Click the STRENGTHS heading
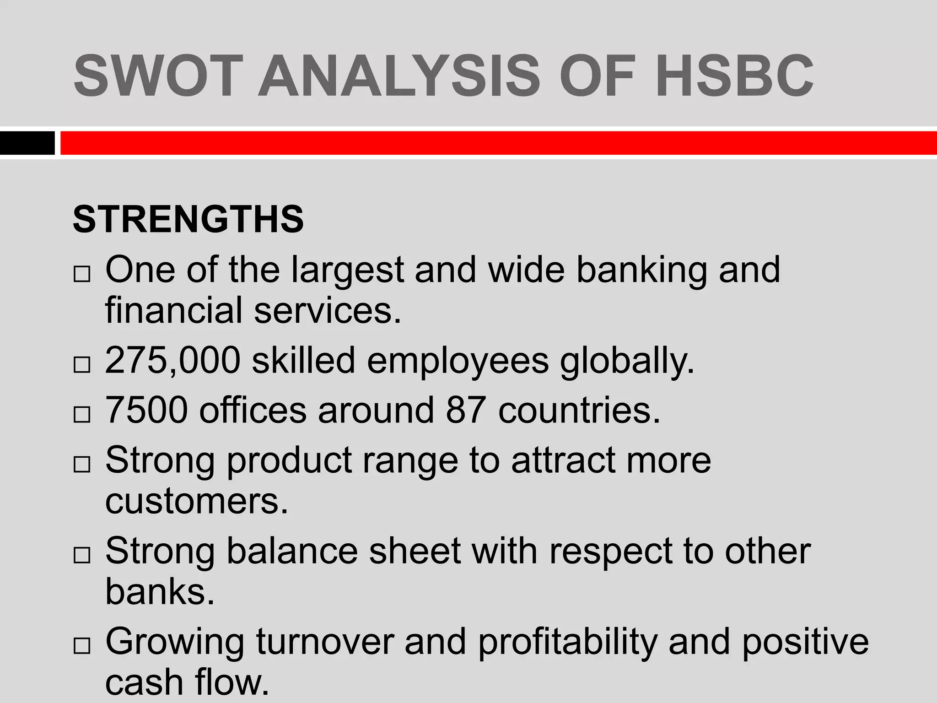click(188, 219)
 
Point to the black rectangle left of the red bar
click(27, 143)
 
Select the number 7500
click(146, 410)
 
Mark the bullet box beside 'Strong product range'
click(81, 465)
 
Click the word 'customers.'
click(197, 502)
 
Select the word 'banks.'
click(160, 591)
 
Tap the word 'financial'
click(174, 310)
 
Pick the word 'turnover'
click(325, 642)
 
